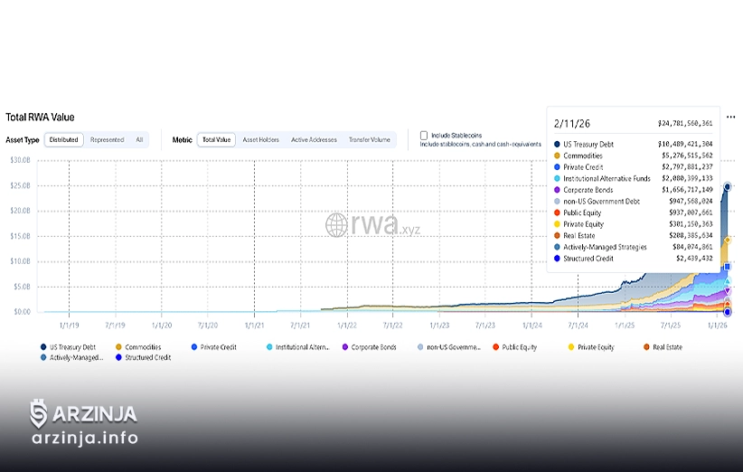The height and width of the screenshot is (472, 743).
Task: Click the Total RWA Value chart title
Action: (x=40, y=118)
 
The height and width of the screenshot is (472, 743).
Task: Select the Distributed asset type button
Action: (x=63, y=140)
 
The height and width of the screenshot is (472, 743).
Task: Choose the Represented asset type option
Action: (x=108, y=140)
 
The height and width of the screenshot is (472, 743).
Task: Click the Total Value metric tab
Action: (x=217, y=140)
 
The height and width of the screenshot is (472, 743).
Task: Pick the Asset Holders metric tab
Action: (x=260, y=140)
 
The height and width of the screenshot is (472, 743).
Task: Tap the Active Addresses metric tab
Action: (x=314, y=140)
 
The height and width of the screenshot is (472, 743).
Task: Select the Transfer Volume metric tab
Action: (x=370, y=140)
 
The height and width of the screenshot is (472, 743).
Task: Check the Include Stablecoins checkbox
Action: (x=424, y=136)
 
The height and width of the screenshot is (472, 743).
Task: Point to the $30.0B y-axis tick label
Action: (x=20, y=160)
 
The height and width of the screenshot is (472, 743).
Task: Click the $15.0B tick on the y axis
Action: (x=20, y=236)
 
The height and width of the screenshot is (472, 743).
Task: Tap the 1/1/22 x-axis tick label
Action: (x=347, y=324)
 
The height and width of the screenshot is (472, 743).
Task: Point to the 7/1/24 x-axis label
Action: (x=578, y=324)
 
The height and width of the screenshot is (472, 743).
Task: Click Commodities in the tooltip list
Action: (x=582, y=156)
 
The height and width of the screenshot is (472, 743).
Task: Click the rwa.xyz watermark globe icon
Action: (x=337, y=224)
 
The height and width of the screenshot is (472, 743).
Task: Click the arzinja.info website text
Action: (x=84, y=439)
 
